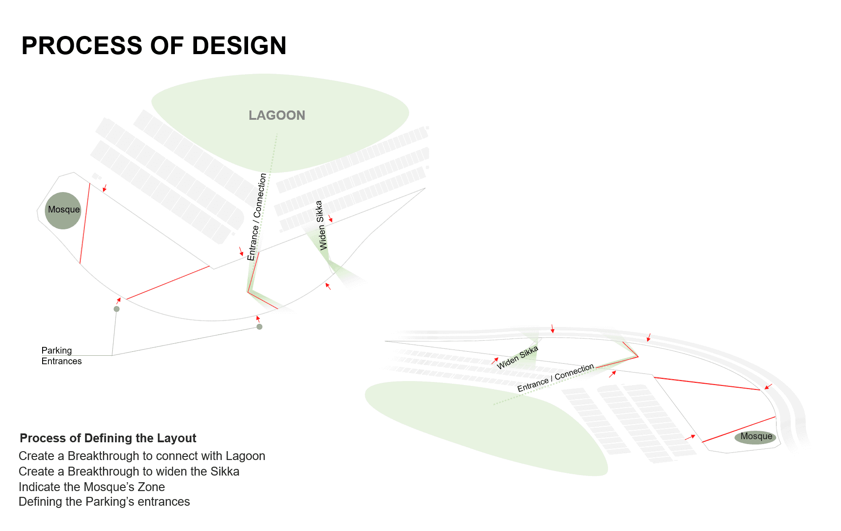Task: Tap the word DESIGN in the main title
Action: coord(239,46)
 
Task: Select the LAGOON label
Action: coord(277,115)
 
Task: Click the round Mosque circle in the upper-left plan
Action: coord(63,211)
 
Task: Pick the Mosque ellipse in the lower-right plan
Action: coord(755,437)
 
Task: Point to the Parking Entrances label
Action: coord(61,356)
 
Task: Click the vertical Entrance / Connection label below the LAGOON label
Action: coord(257,216)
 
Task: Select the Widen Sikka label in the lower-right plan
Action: coord(517,358)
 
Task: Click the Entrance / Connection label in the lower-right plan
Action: coord(555,378)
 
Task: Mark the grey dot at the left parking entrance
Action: coord(117,309)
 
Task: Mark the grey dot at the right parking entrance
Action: coord(260,327)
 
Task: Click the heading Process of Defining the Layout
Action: coord(108,438)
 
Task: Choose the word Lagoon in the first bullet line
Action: coord(245,456)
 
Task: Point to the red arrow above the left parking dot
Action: coord(118,300)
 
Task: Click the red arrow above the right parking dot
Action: coord(258,319)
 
